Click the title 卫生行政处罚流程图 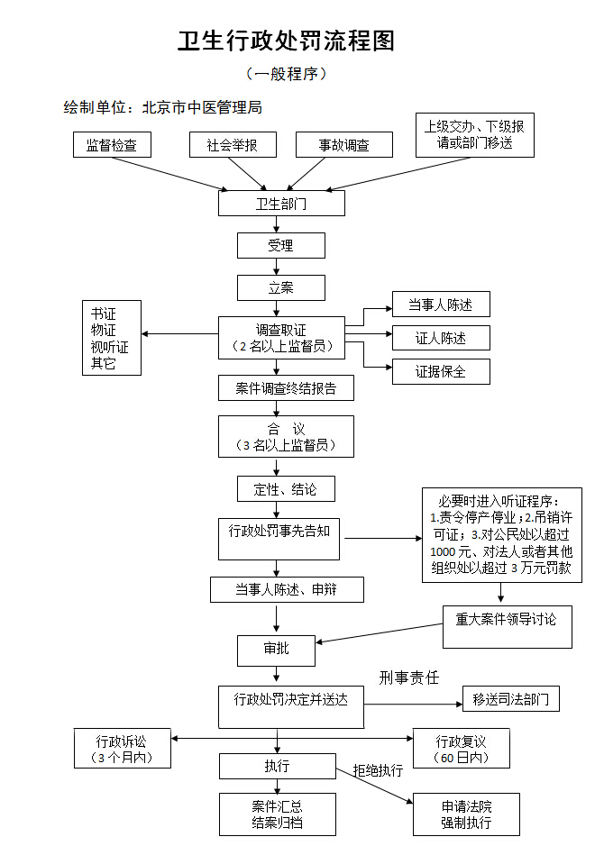tap(286, 41)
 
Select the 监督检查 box tap(112, 145)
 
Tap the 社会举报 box tap(232, 145)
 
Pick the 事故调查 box tap(344, 145)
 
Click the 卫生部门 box tap(281, 204)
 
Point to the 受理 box tap(281, 245)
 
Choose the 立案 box tap(281, 287)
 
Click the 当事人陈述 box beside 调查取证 tap(441, 305)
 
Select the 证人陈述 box tap(441, 338)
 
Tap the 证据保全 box tap(441, 371)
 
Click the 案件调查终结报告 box tap(286, 388)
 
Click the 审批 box tap(276, 650)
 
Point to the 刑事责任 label tap(409, 678)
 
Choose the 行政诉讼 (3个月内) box tap(123, 748)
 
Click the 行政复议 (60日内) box tap(462, 748)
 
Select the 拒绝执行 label tap(378, 771)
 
